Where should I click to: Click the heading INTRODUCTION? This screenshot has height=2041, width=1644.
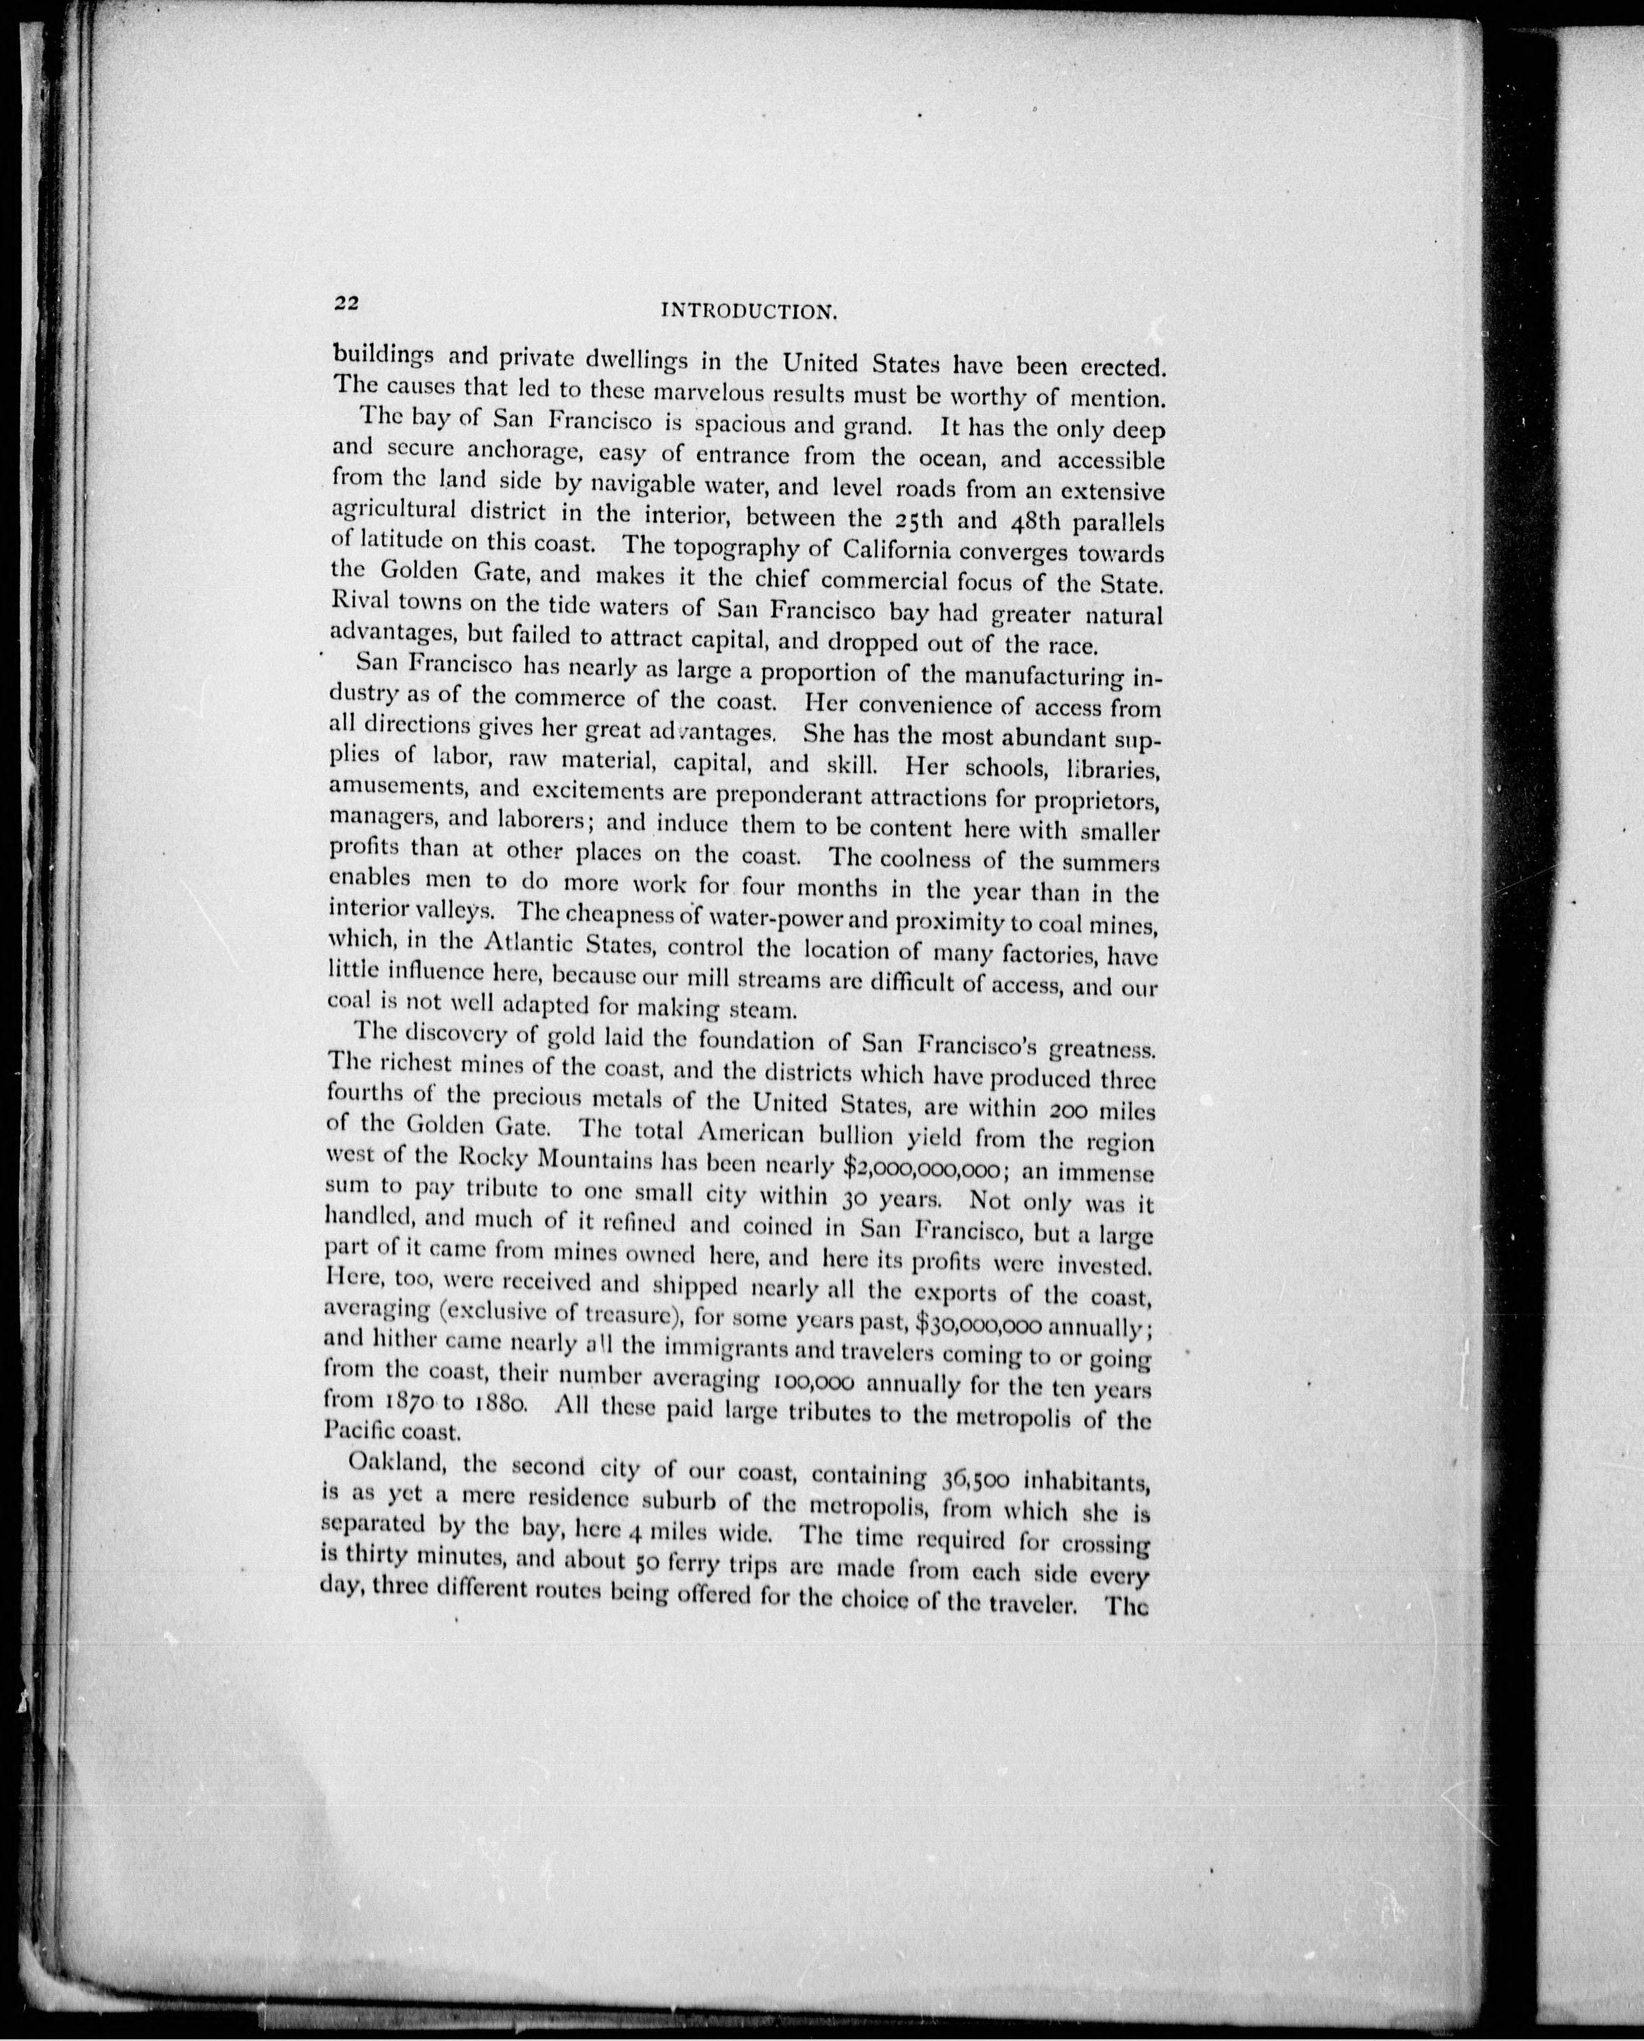[x=745, y=310]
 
